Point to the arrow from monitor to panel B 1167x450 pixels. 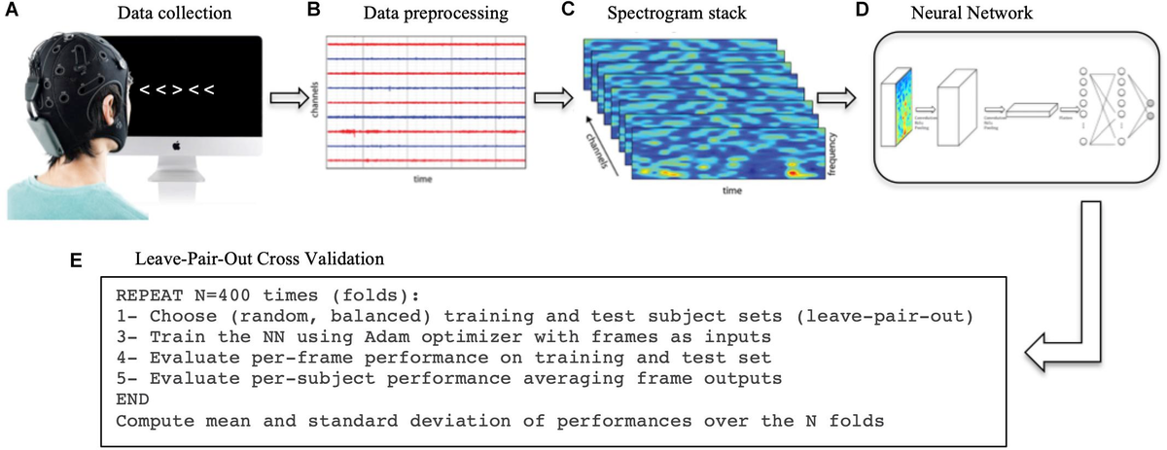tap(288, 99)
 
